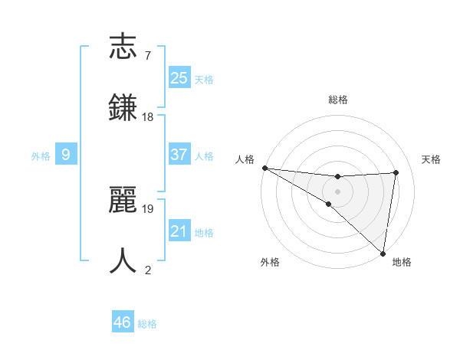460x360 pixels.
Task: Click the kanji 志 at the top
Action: tap(123, 48)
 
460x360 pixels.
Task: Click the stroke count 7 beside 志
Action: tap(147, 56)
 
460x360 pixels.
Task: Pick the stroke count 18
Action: tap(148, 117)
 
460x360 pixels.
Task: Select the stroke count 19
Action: tap(148, 208)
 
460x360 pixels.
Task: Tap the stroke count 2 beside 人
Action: tap(147, 270)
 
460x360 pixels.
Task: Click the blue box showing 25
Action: tap(179, 77)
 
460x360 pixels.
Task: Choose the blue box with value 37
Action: tap(179, 155)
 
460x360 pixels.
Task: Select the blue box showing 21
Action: tap(179, 231)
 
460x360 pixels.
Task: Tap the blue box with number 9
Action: tap(66, 155)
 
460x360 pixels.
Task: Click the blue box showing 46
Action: tap(122, 322)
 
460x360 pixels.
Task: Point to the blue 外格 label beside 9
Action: tap(41, 156)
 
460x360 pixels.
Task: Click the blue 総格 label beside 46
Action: tap(147, 324)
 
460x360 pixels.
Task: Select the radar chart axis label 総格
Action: tap(338, 100)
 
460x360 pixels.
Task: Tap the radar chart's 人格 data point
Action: tap(264, 167)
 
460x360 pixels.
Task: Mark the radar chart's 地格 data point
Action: tap(383, 253)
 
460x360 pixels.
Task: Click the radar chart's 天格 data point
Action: tap(396, 172)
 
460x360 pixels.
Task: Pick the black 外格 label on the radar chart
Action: tap(270, 262)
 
